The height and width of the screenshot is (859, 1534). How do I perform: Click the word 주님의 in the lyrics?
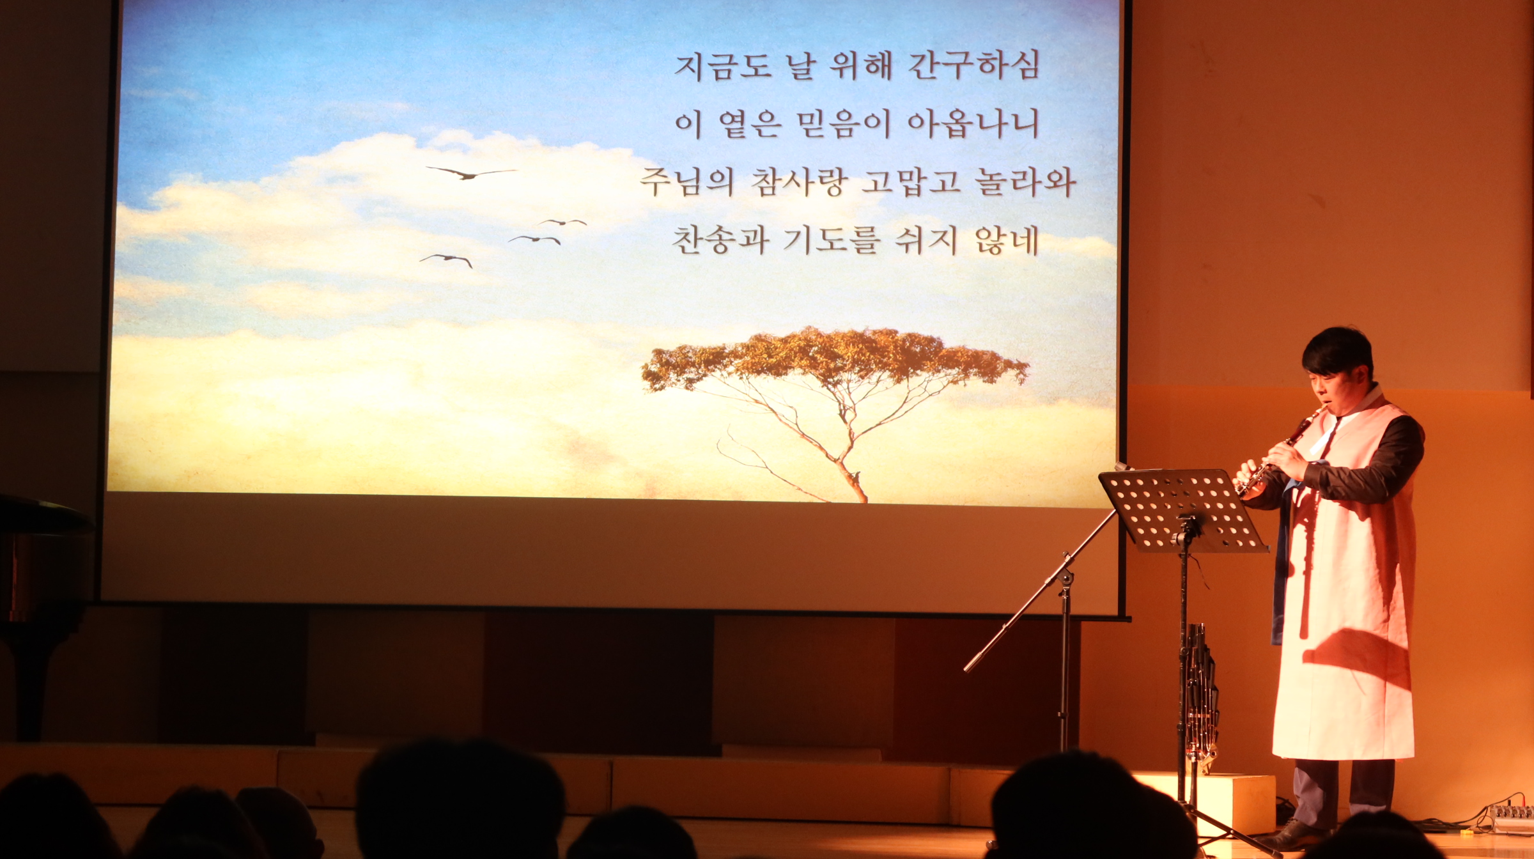pos(686,182)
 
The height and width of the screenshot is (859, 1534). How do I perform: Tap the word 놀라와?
pos(1025,182)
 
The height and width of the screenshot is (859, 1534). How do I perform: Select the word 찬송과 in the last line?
pos(720,241)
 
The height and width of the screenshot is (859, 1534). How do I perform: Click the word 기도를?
pos(832,241)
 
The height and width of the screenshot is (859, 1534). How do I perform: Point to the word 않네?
pos(1007,241)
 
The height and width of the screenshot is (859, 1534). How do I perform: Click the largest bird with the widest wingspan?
pos(471,173)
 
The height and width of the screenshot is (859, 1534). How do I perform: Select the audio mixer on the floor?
pos(1511,819)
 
